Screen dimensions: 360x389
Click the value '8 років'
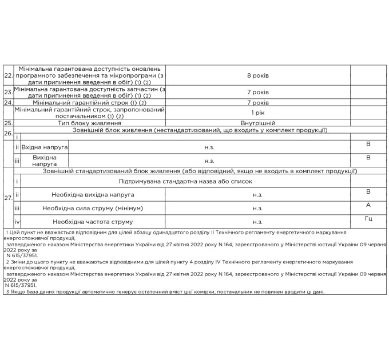257,75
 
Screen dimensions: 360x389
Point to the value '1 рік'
257,113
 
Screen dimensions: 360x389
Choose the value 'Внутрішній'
257,123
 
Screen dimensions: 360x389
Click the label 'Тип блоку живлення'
90,123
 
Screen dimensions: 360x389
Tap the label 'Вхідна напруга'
45,147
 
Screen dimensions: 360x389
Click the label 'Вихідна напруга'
45,161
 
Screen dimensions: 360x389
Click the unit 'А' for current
368,204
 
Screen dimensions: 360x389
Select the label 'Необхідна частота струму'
93,222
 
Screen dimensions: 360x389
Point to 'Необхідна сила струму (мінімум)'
93,208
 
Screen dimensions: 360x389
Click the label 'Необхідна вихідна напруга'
93,195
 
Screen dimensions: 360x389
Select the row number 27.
8,198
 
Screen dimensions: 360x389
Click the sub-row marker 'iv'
17,222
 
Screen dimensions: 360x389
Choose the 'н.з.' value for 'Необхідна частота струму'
257,222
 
